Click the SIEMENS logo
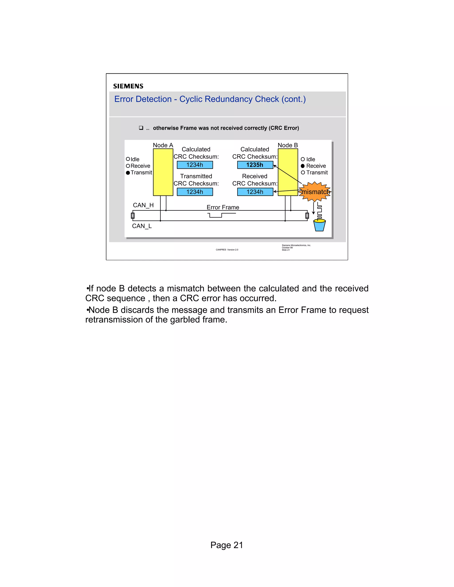(x=128, y=86)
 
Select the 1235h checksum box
(x=255, y=165)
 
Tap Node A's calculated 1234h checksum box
(x=195, y=165)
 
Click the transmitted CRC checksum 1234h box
(x=195, y=192)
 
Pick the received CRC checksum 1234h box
(x=255, y=192)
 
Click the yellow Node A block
(x=163, y=172)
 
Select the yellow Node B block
(x=288, y=172)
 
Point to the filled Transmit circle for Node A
(x=128, y=173)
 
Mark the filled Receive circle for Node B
(x=303, y=166)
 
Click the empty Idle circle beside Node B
(x=303, y=159)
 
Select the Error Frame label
(x=223, y=207)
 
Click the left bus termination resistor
(x=133, y=216)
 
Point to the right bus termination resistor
(x=307, y=216)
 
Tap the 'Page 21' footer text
(x=227, y=545)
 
